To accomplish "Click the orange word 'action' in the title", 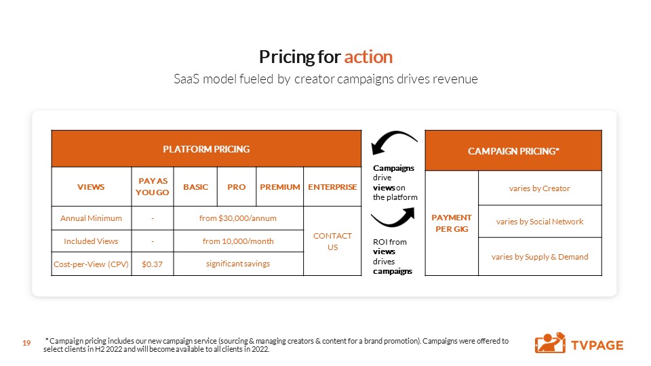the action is click(x=368, y=57).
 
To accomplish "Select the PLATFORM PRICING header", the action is click(x=206, y=149).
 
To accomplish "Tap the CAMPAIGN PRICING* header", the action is click(x=513, y=150).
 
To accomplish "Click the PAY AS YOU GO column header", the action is click(x=153, y=187).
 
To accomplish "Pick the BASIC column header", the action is click(x=195, y=187).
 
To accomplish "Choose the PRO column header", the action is click(x=237, y=187).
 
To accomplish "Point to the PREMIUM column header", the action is click(x=280, y=187).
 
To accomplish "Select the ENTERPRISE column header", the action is click(x=332, y=187).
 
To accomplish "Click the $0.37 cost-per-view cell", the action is click(x=153, y=264).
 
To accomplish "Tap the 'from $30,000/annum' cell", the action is click(x=238, y=218).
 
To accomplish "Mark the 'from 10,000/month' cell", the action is click(x=238, y=241).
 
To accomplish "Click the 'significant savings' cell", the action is click(x=238, y=264).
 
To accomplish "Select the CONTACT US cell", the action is click(x=332, y=241).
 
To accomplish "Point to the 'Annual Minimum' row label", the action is click(x=91, y=218).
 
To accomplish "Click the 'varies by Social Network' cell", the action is click(x=540, y=222).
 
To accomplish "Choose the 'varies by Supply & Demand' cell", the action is click(x=540, y=257).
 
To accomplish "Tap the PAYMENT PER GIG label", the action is click(x=452, y=223).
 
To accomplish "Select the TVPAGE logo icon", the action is click(x=550, y=343).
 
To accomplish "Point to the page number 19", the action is click(x=26, y=343).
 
